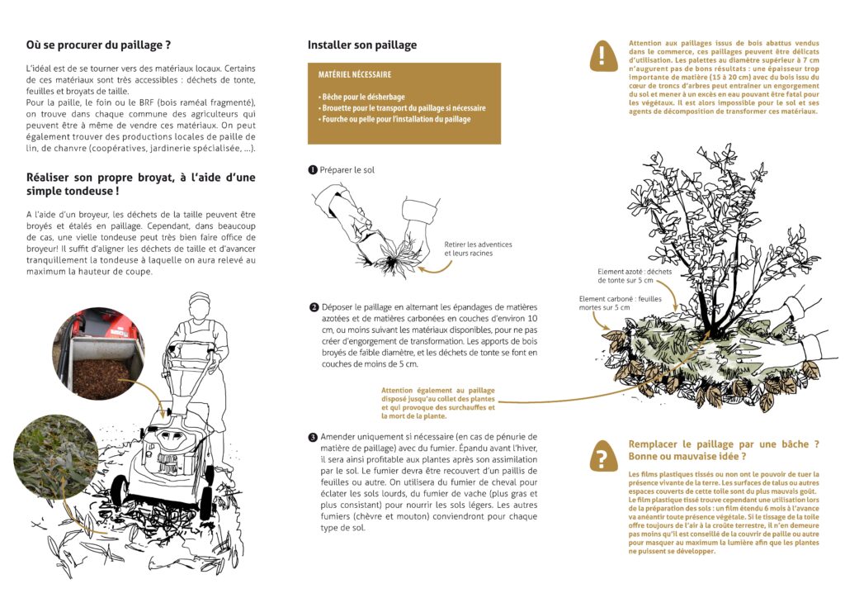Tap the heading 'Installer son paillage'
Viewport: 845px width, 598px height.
pyautogui.click(x=361, y=45)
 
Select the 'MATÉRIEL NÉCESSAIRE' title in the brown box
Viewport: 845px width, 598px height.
pyautogui.click(x=355, y=74)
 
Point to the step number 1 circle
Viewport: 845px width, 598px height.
pyautogui.click(x=313, y=170)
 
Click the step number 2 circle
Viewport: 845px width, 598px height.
pyautogui.click(x=314, y=308)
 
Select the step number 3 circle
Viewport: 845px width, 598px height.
pyautogui.click(x=314, y=437)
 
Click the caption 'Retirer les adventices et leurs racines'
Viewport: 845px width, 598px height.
pyautogui.click(x=478, y=249)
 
